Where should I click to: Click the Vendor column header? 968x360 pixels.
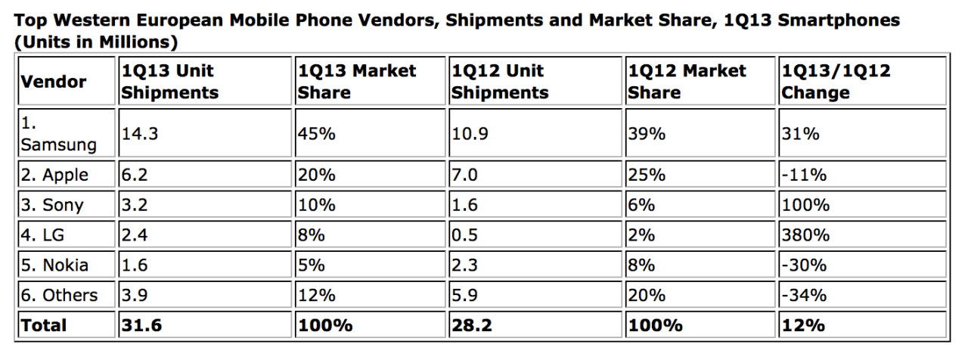(53, 82)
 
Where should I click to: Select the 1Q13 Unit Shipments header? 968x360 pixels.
(169, 82)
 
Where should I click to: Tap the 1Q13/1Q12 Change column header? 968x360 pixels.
(836, 82)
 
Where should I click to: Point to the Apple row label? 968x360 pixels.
(54, 175)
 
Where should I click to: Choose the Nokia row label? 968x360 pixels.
(54, 265)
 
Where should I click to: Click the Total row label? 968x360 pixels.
(44, 325)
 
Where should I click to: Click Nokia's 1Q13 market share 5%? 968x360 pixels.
(312, 265)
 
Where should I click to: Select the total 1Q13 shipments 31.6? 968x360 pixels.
(141, 325)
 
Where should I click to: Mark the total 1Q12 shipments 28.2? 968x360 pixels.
(472, 325)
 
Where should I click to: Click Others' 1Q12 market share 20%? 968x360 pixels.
(647, 295)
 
